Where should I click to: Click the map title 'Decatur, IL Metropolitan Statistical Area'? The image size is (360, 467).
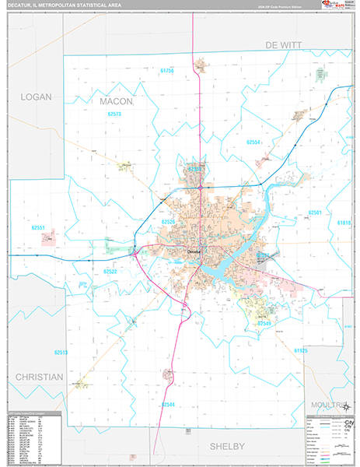[x=61, y=6]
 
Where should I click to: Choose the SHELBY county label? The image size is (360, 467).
[x=227, y=445]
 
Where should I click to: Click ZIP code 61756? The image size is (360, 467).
[x=167, y=71]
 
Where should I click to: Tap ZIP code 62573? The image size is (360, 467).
[x=115, y=114]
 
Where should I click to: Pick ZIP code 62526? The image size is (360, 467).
[x=169, y=222]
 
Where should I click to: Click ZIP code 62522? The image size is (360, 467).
[x=110, y=271]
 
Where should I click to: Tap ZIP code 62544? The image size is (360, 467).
[x=169, y=405]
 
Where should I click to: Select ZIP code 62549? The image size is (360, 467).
[x=264, y=322]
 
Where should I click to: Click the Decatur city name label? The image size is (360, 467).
[x=194, y=251]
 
